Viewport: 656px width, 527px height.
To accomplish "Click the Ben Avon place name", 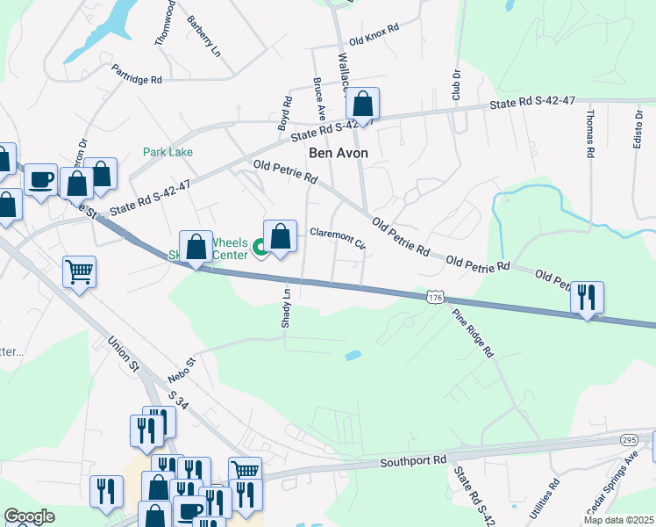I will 338,153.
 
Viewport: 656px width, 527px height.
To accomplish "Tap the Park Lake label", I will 168,152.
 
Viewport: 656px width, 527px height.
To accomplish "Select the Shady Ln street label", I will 286,307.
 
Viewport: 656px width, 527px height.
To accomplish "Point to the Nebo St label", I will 182,369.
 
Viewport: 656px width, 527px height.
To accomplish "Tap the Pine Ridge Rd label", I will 474,334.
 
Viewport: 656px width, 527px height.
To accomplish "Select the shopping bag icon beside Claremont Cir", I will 280,236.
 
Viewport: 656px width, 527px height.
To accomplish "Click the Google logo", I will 29,516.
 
